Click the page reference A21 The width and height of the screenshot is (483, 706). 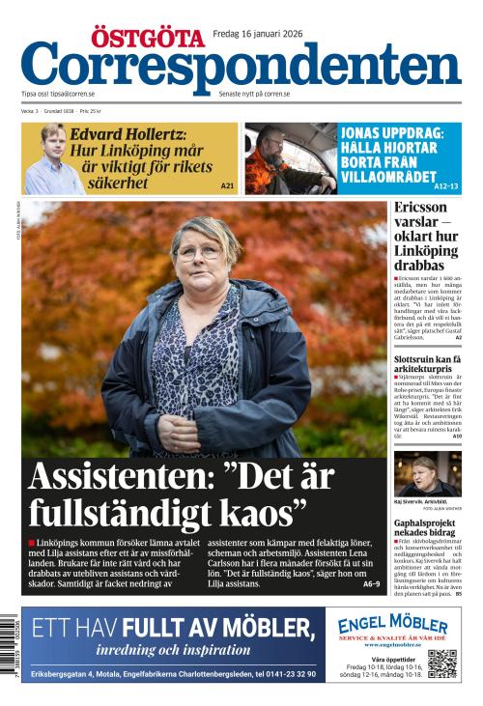point(227,185)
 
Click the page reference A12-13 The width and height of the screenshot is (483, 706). point(445,185)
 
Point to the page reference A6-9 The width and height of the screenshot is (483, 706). point(372,584)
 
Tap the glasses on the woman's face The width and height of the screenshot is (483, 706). point(198,253)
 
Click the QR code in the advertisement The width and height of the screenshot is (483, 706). point(441,664)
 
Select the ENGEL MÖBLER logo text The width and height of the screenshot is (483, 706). point(392,625)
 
